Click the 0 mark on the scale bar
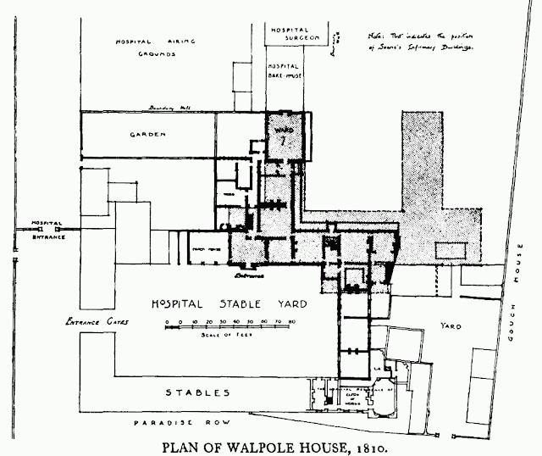168,323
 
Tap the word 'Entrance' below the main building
250,275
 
